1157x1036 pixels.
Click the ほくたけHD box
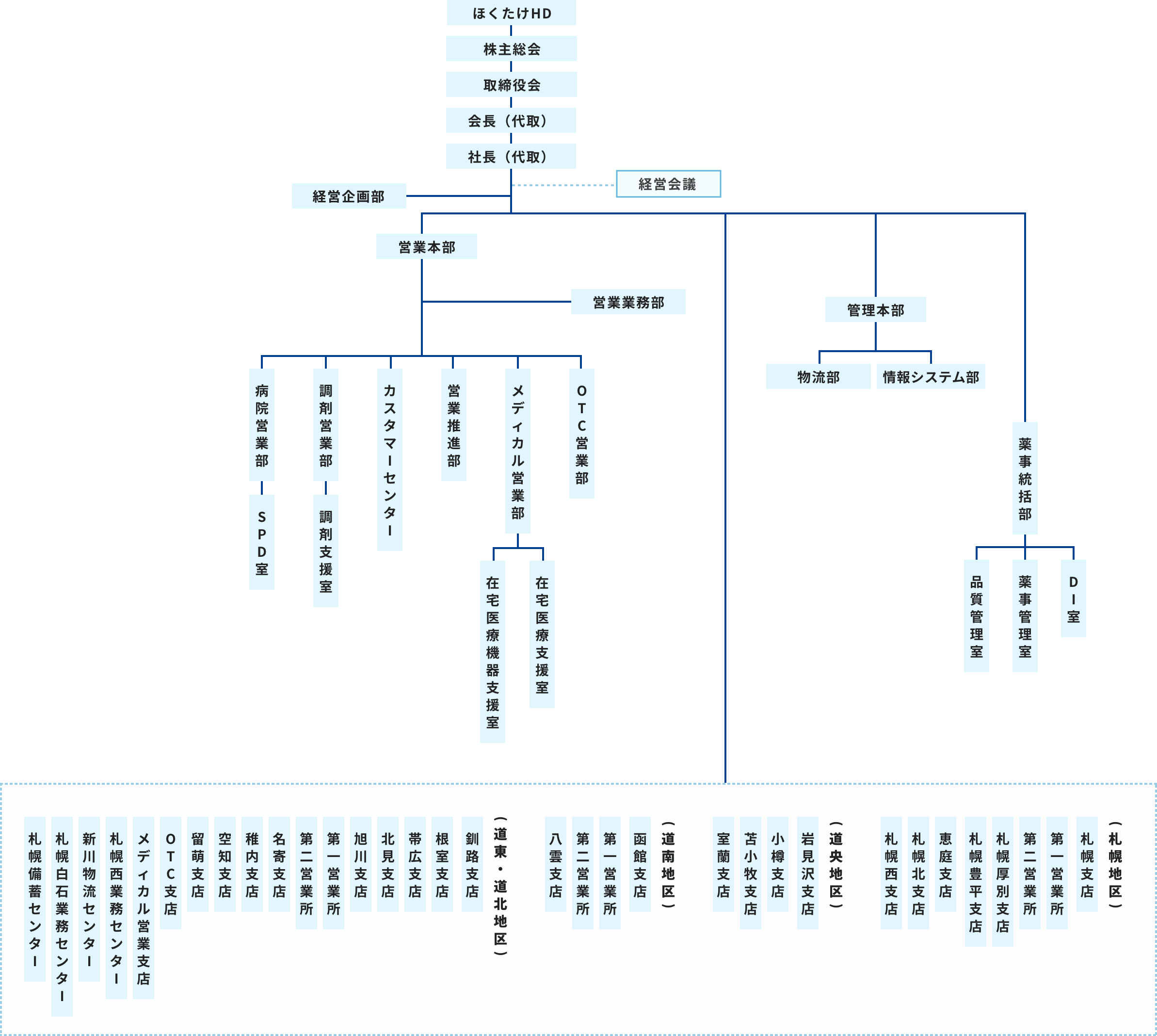click(x=511, y=13)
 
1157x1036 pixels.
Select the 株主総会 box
click(x=511, y=49)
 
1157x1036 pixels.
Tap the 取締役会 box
click(x=511, y=85)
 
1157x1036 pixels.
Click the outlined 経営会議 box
click(x=668, y=184)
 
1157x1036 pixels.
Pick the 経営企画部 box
click(x=348, y=196)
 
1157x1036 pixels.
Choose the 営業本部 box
click(x=426, y=247)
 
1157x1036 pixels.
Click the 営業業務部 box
click(x=628, y=302)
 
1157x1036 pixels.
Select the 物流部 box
click(x=818, y=377)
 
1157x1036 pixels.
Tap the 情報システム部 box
click(x=931, y=377)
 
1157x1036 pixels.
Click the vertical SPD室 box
click(x=262, y=542)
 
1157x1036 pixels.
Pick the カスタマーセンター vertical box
click(x=390, y=459)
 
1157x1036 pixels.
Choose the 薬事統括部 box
click(x=1025, y=478)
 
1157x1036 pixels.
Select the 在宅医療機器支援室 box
click(x=492, y=651)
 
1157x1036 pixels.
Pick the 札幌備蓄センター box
click(x=35, y=899)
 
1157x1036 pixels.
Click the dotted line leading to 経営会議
click(x=563, y=185)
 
